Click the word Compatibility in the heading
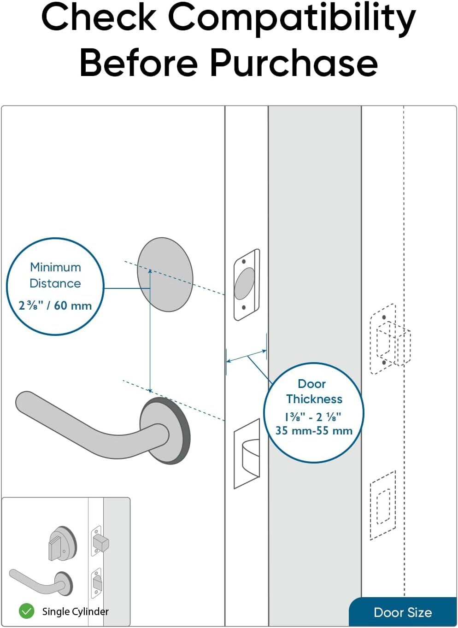(291, 18)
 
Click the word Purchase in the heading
(294, 63)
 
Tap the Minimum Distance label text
(55, 275)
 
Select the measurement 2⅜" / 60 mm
(55, 305)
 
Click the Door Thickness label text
(314, 391)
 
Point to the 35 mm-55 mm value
(314, 431)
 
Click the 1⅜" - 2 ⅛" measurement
(313, 417)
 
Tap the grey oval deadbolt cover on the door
(164, 275)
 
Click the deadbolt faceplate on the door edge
(247, 285)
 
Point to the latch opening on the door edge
(247, 454)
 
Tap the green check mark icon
(26, 611)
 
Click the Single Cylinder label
(75, 611)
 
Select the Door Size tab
(403, 612)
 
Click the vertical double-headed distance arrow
(150, 330)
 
